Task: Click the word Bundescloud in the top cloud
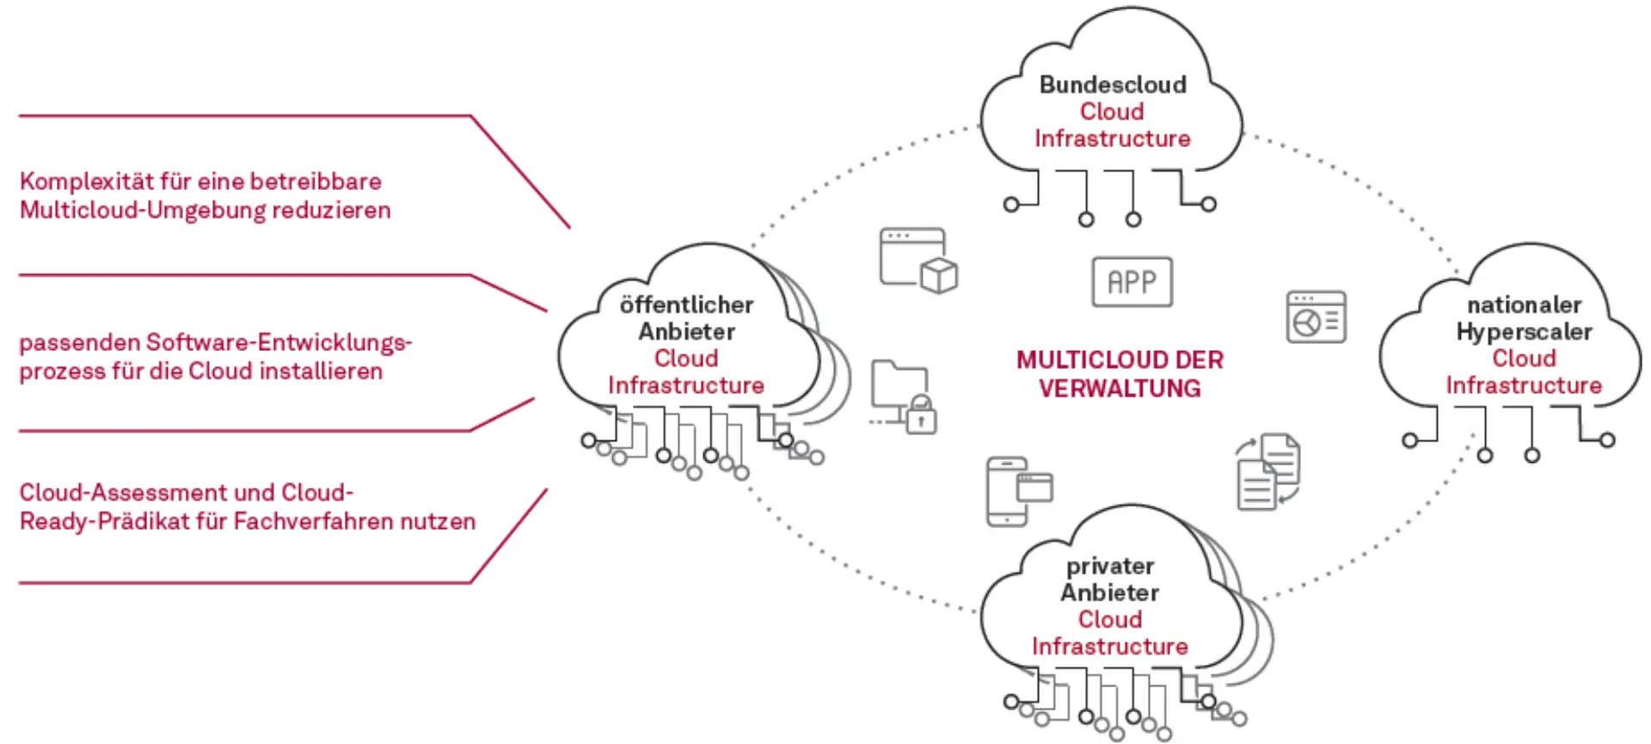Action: coord(1113,84)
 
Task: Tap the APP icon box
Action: coord(1132,282)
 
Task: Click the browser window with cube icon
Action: coord(918,260)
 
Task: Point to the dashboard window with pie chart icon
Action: coord(1316,317)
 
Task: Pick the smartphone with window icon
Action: coord(1018,490)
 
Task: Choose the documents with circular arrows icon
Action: coord(1268,471)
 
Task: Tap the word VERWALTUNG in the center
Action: coord(1119,389)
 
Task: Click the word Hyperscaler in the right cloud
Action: coord(1524,331)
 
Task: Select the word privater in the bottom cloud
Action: coord(1110,566)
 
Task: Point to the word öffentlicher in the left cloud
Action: coord(686,304)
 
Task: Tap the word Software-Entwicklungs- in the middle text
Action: coord(279,342)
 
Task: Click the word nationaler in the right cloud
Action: coord(1524,304)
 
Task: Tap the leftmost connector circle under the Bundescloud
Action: coord(1011,205)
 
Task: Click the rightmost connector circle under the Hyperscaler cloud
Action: coord(1607,440)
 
